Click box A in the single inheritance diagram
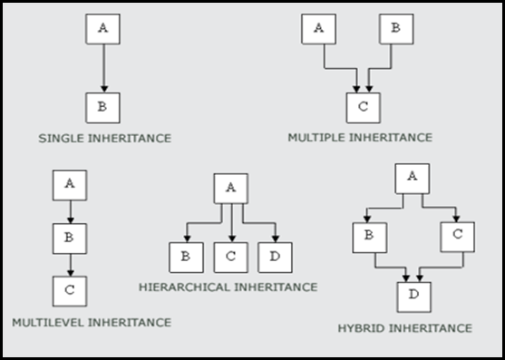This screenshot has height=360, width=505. (102, 28)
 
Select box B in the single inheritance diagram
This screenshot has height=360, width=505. (102, 107)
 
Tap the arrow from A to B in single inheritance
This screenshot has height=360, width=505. (102, 67)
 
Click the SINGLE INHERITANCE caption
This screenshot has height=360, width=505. (105, 139)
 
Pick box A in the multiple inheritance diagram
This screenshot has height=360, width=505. (318, 28)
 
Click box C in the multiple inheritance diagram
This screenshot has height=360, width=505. (363, 107)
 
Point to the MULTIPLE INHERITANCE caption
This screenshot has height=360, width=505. (360, 137)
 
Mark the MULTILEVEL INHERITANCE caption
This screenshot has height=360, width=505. (92, 321)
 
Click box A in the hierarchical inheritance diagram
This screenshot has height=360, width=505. (230, 188)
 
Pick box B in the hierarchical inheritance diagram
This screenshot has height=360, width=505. (186, 257)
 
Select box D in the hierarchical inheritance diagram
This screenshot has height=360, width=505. (275, 257)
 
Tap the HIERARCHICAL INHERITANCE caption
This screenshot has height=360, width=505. (228, 287)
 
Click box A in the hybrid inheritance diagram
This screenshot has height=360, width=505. (413, 177)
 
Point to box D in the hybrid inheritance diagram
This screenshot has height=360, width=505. (413, 297)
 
